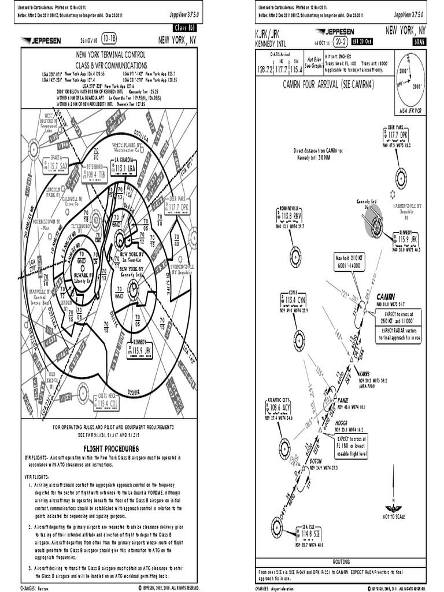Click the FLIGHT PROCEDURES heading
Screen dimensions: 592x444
[111, 449]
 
